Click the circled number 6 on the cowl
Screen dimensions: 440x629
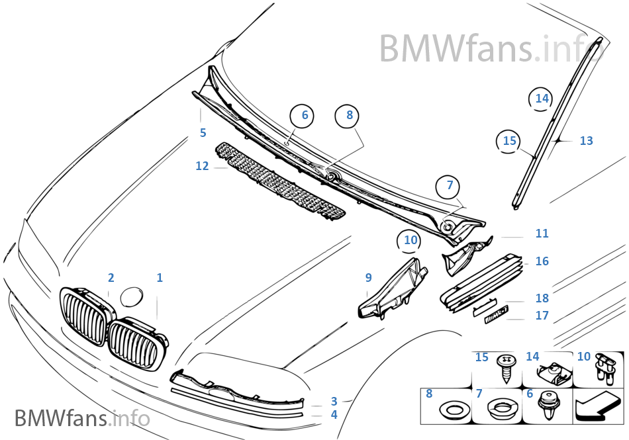coord(305,115)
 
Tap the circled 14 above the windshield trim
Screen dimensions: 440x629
coord(542,99)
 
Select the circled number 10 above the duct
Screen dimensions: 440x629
coord(411,240)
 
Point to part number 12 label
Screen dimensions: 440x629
coord(202,166)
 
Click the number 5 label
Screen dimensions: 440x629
coord(203,133)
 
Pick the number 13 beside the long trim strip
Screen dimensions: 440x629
coord(586,141)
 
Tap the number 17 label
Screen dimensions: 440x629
coord(542,316)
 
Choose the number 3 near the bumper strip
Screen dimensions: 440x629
coord(334,401)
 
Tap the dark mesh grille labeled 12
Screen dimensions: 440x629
coord(281,183)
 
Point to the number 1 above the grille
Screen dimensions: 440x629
coord(159,278)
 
